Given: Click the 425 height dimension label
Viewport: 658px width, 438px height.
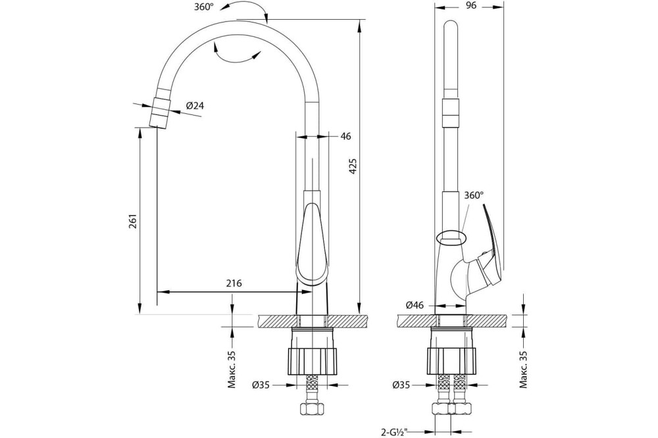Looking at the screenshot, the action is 353,166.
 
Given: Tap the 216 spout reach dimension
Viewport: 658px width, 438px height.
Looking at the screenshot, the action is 234,283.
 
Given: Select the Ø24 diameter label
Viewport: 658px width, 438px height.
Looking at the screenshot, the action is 195,106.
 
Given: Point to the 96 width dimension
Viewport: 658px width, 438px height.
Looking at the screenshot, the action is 471,5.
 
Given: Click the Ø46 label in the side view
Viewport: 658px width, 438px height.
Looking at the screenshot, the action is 415,305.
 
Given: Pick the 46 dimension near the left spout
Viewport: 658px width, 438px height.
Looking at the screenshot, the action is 346,136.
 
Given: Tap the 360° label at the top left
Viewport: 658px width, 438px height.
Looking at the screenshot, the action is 205,7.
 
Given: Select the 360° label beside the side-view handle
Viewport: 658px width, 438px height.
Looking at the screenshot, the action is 474,195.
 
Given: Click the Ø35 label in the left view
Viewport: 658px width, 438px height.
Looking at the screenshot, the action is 261,384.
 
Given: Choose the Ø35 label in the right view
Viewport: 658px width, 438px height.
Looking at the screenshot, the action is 402,384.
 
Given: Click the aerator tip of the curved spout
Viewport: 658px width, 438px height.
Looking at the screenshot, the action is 159,112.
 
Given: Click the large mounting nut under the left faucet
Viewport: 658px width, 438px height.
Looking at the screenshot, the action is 311,361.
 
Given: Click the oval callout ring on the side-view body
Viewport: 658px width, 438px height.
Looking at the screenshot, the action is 451,237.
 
